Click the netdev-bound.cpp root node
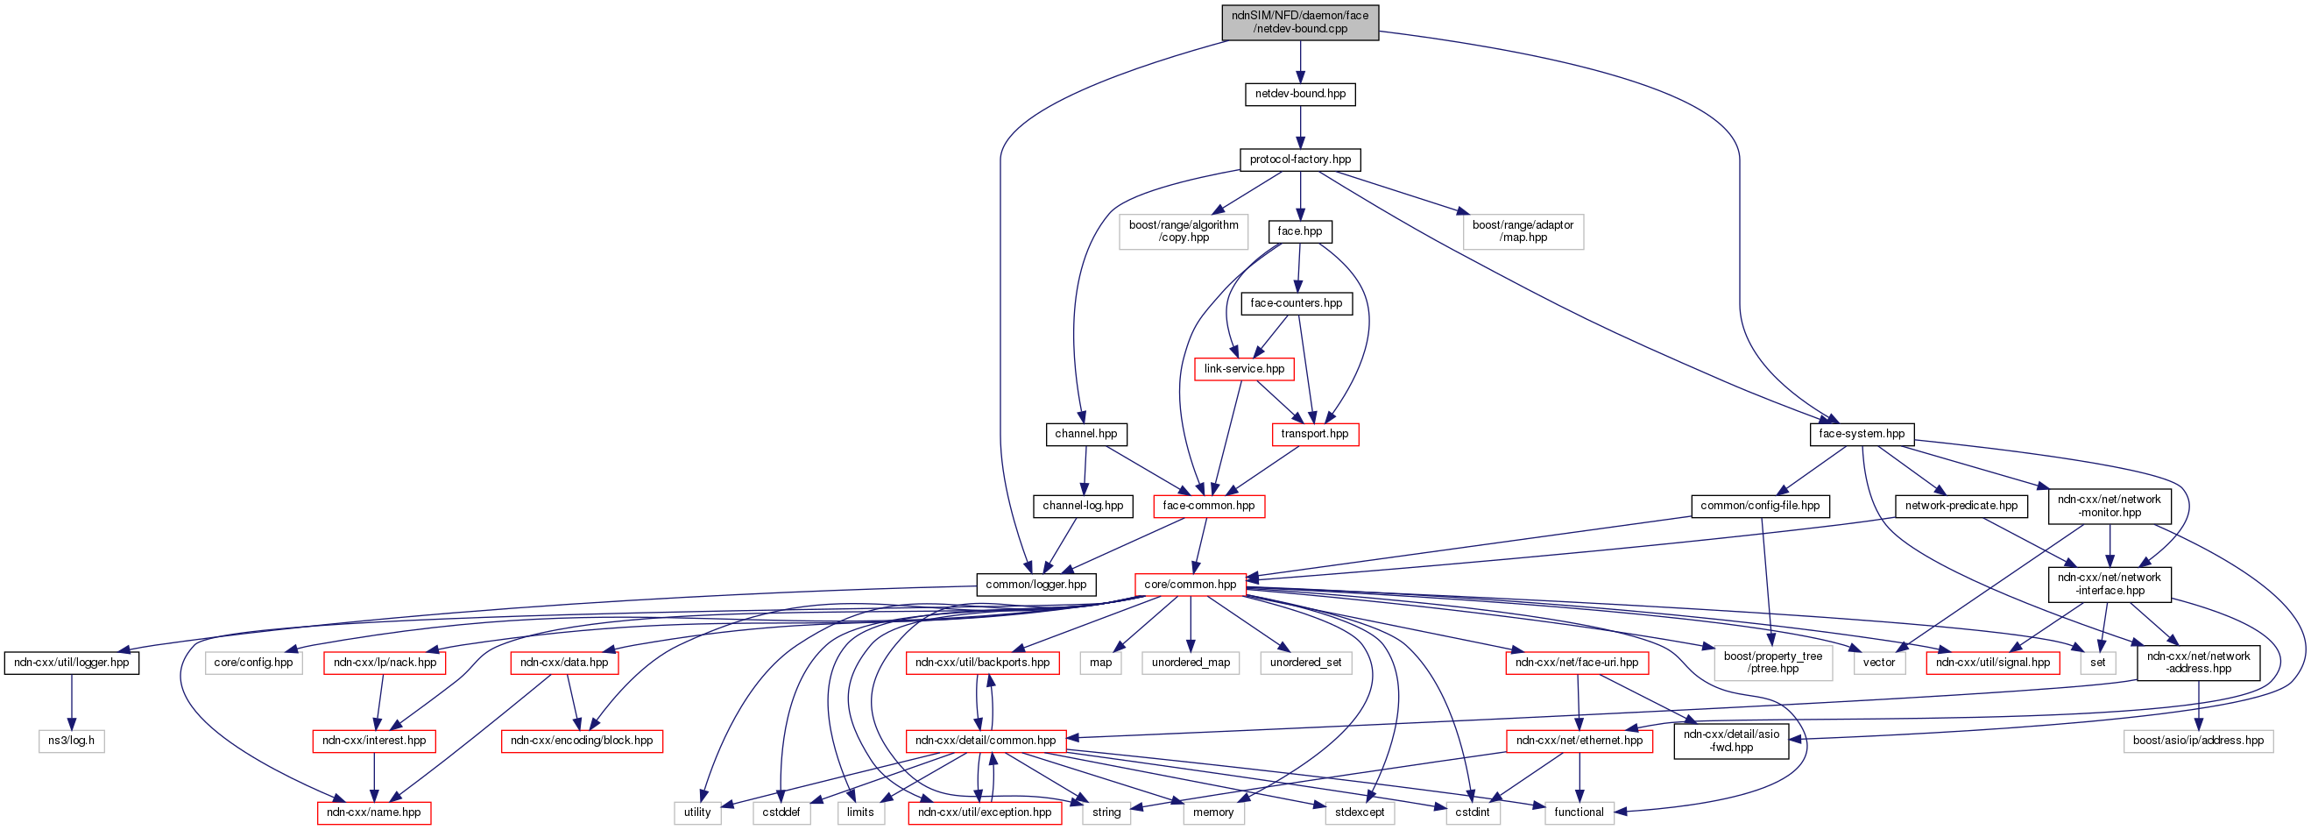tap(1300, 23)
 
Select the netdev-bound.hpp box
tap(1300, 94)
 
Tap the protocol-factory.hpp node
tap(1300, 160)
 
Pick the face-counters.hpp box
tap(1297, 303)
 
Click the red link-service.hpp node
tap(1243, 369)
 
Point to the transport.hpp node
tap(1314, 435)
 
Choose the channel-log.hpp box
tap(1083, 506)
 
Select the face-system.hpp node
tap(1862, 435)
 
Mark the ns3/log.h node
tap(71, 741)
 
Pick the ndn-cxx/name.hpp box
tap(373, 813)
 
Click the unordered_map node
tap(1191, 663)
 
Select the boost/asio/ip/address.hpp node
tap(2198, 741)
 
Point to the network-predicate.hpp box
tap(1961, 506)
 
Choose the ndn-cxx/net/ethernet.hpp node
tap(1579, 741)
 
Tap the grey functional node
tap(1579, 813)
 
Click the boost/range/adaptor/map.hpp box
tap(1523, 231)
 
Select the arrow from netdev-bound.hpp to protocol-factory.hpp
tap(1300, 126)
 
